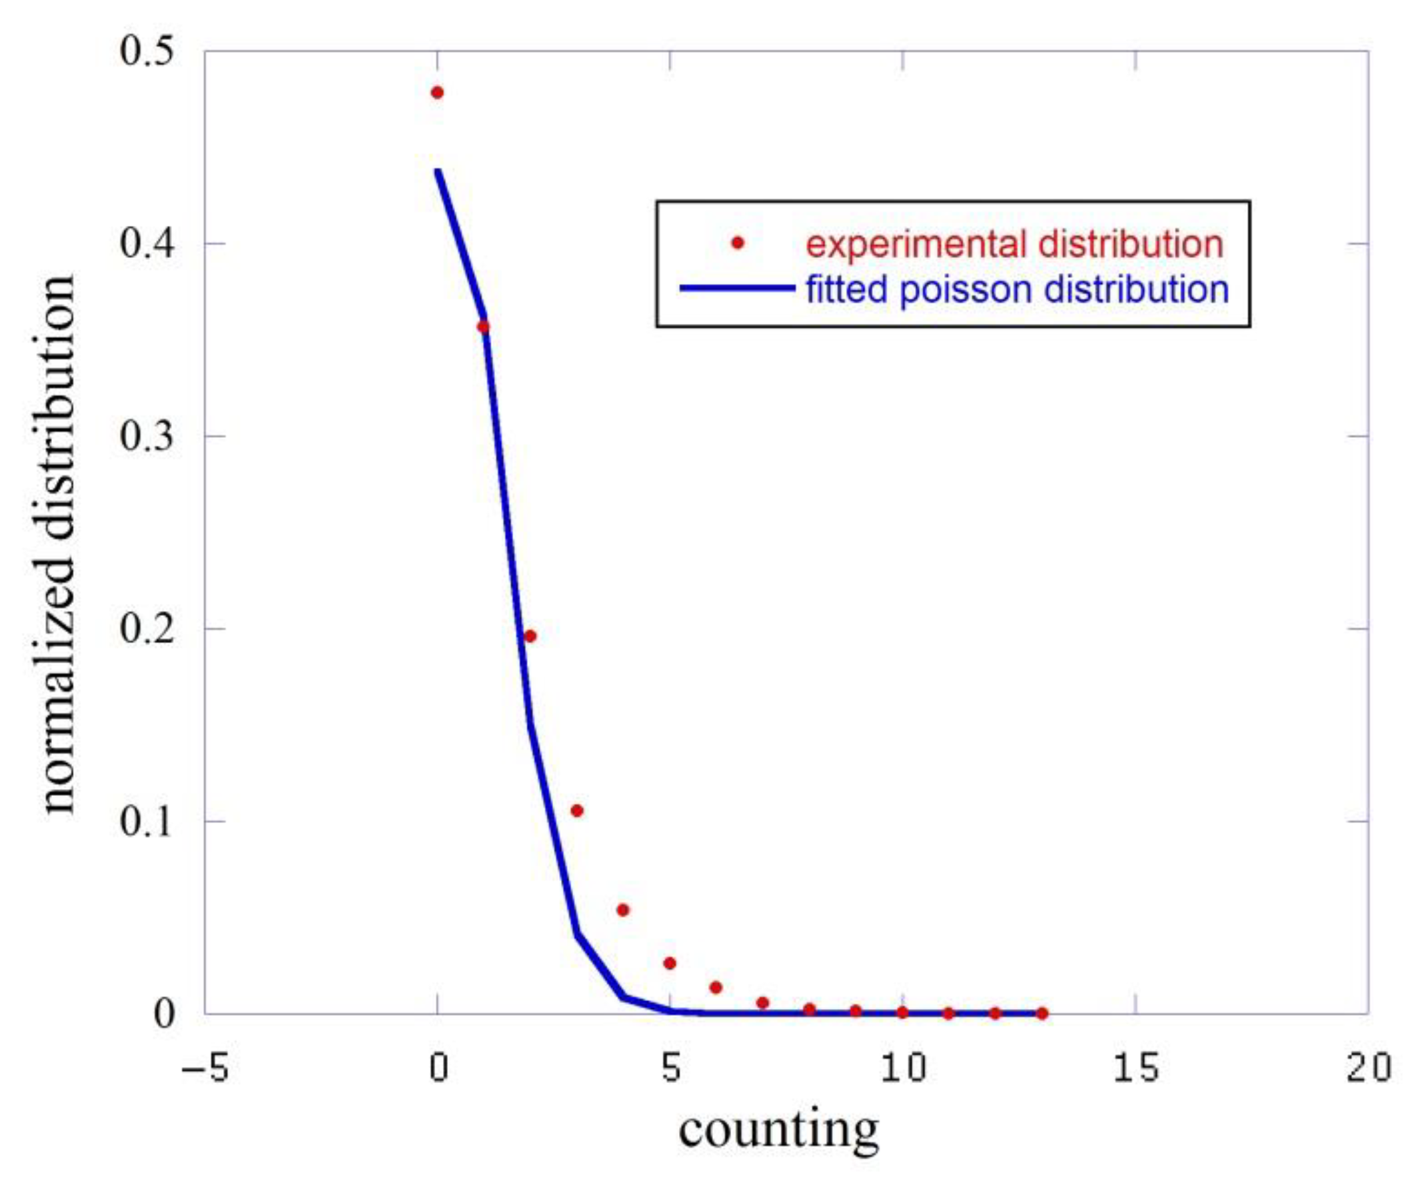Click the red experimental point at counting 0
[437, 93]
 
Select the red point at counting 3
[577, 811]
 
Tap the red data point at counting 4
[623, 910]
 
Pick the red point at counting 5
[670, 964]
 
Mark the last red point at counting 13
[1042, 1014]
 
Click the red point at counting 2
[530, 636]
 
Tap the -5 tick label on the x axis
[205, 1068]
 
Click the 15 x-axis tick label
[1135, 1068]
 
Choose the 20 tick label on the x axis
[1369, 1068]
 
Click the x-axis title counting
[779, 1130]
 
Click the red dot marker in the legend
[738, 243]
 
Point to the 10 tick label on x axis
[903, 1068]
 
